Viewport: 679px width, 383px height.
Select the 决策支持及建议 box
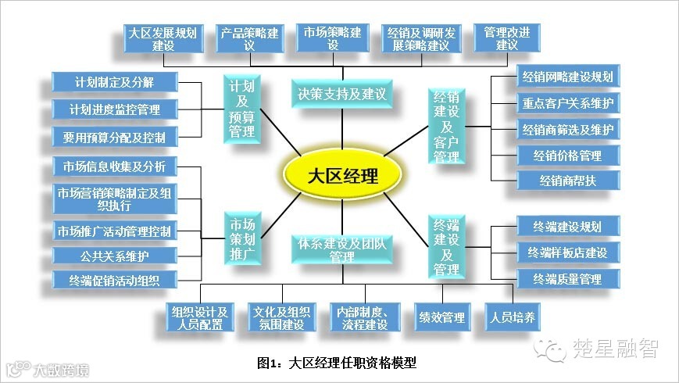[342, 94]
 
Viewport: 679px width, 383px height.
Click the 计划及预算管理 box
[241, 109]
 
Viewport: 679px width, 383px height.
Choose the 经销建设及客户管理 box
[447, 126]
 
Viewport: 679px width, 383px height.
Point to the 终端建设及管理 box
[447, 246]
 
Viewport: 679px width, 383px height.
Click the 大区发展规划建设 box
[163, 38]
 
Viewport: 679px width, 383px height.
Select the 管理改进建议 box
[506, 38]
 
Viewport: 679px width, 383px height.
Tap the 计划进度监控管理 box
[115, 109]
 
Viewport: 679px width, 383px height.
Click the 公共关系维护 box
[115, 256]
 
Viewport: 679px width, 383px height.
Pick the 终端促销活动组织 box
[115, 280]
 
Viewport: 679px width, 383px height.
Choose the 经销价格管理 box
[568, 156]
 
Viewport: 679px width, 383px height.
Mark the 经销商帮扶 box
[568, 181]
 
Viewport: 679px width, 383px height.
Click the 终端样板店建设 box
[568, 252]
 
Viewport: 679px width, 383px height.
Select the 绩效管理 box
[441, 317]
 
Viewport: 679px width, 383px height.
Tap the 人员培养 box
[513, 317]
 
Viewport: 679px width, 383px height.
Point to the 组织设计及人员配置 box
[200, 317]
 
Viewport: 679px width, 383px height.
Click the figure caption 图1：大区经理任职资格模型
[337, 363]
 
